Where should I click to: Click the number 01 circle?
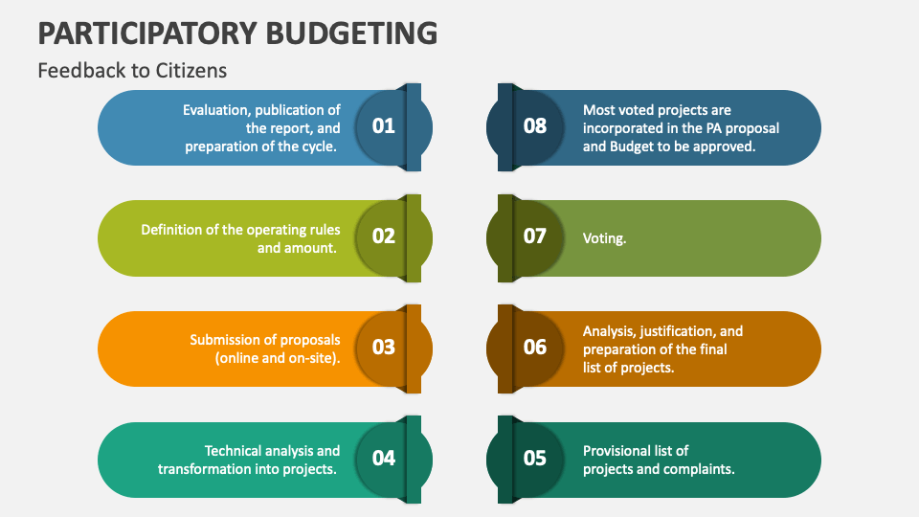[x=383, y=126]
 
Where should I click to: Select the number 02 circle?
[x=383, y=236]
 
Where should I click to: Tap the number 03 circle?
[x=383, y=348]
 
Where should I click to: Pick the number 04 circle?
[x=383, y=459]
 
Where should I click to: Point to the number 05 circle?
[x=535, y=459]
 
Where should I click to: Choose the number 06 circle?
[x=535, y=348]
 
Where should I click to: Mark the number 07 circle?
[x=535, y=236]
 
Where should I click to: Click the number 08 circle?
[x=535, y=126]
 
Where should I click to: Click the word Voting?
[x=604, y=238]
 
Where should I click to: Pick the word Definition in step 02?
[x=173, y=230]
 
